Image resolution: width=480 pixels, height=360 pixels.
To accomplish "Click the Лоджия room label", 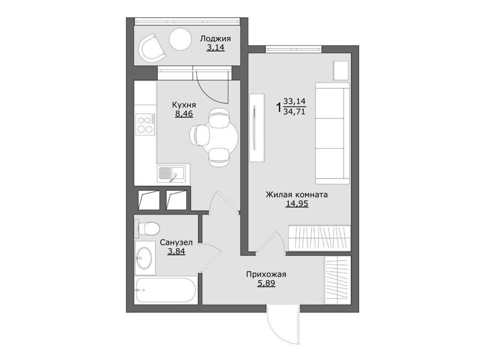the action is tap(215, 39).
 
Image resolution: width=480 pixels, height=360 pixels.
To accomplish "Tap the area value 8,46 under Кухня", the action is tap(184, 114).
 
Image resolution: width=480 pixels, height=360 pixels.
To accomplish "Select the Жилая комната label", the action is tap(297, 194).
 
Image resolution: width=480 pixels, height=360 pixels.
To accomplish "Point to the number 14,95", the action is tap(297, 204).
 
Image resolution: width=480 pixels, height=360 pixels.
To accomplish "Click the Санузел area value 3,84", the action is tap(176, 251).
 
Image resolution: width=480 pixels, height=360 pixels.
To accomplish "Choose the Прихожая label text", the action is tap(266, 274).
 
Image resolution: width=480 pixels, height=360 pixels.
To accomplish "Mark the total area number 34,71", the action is tap(294, 112).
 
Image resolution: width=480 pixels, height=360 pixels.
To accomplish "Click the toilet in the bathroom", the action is tap(147, 229).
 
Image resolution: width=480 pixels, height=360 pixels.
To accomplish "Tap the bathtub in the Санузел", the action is tap(167, 290).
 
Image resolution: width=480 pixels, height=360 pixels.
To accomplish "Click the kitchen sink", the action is tap(171, 174).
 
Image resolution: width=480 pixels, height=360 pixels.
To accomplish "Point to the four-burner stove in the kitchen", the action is tap(145, 124).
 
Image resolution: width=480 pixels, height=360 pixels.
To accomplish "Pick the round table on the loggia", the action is tap(181, 40).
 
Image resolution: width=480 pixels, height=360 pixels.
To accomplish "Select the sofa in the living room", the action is tap(332, 133).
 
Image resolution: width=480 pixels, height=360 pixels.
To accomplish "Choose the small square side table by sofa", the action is tap(341, 71).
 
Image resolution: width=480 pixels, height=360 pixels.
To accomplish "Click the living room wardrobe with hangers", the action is tap(319, 238).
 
